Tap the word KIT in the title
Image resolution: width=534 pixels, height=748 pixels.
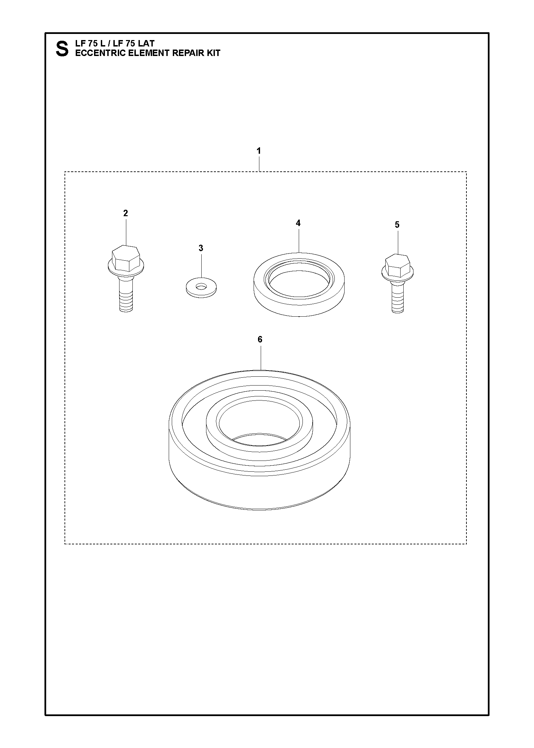213,53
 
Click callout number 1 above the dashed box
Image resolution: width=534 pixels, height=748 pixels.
259,151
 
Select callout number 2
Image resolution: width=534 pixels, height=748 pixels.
126,213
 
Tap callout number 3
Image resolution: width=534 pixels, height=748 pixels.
201,248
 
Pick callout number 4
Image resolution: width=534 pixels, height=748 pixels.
298,223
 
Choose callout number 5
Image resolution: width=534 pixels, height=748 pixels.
397,225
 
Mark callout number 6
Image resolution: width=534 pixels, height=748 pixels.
260,339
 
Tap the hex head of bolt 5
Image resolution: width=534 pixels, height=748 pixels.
398,265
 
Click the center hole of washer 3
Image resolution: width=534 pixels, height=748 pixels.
202,287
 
